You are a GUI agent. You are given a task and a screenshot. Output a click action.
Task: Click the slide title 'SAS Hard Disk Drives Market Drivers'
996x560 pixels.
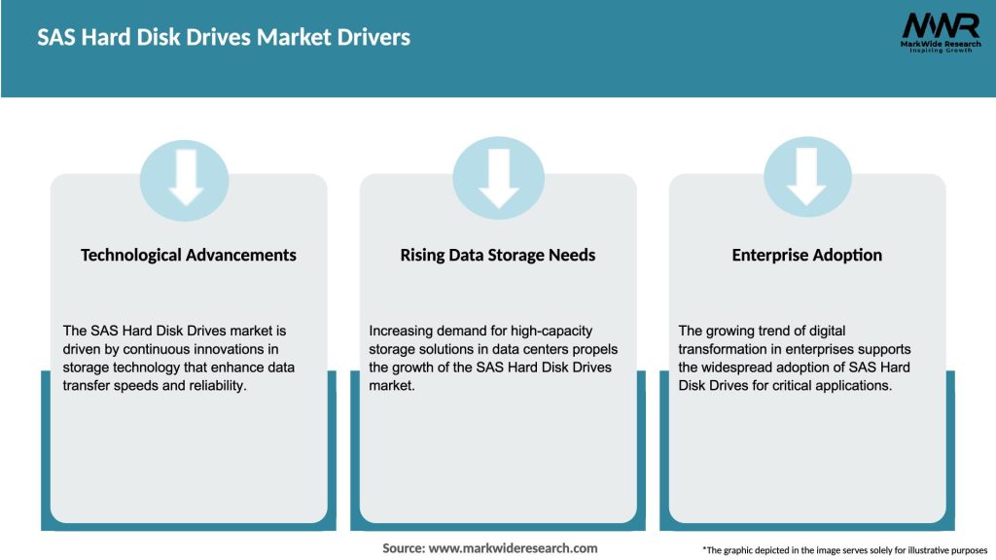click(224, 38)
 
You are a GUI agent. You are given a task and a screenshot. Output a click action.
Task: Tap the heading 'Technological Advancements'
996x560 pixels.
click(189, 255)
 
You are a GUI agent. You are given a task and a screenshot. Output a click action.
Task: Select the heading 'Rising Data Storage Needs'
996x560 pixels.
click(498, 255)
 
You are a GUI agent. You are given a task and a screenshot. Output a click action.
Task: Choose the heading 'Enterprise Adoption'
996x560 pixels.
click(807, 255)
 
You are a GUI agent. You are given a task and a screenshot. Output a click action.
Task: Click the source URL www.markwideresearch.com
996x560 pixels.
click(514, 548)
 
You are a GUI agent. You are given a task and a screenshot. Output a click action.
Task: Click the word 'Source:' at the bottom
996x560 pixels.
click(404, 548)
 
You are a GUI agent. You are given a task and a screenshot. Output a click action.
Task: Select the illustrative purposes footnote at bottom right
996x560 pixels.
click(844, 550)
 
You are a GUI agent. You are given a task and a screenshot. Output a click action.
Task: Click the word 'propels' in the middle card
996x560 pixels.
click(595, 349)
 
